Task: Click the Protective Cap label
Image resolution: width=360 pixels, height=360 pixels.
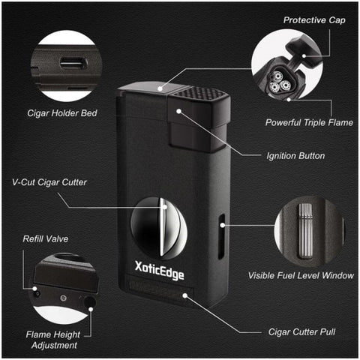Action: point(314,20)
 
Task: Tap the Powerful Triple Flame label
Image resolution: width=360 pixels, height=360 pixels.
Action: point(309,122)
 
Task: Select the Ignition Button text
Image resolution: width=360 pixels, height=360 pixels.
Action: point(295,156)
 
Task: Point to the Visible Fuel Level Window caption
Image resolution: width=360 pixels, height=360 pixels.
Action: point(301,275)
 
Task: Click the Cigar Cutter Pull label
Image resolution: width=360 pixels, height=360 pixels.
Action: point(301,332)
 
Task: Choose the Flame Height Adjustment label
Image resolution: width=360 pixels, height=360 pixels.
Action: point(53,340)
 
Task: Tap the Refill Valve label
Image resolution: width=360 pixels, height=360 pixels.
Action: point(46,238)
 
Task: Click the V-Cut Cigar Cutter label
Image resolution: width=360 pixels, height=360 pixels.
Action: point(49,182)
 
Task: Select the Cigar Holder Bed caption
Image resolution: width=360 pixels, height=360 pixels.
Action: point(62,113)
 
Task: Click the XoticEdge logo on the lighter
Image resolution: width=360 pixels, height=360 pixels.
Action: point(160,271)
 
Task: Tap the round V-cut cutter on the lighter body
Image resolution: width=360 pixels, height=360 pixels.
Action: point(159,228)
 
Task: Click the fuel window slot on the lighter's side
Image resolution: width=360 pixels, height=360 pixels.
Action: point(221,236)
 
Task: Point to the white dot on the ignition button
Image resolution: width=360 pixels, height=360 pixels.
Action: point(178,111)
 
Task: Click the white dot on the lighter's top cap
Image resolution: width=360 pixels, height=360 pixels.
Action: point(160,88)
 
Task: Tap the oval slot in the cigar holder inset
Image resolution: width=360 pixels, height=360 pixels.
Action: point(73,63)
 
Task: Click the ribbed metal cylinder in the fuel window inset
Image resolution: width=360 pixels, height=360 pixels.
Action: point(305,231)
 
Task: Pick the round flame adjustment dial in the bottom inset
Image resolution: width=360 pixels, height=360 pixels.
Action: point(89,301)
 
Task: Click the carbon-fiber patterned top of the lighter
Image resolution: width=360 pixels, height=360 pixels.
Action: point(199,93)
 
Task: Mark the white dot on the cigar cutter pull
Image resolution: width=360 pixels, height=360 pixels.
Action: point(184,295)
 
